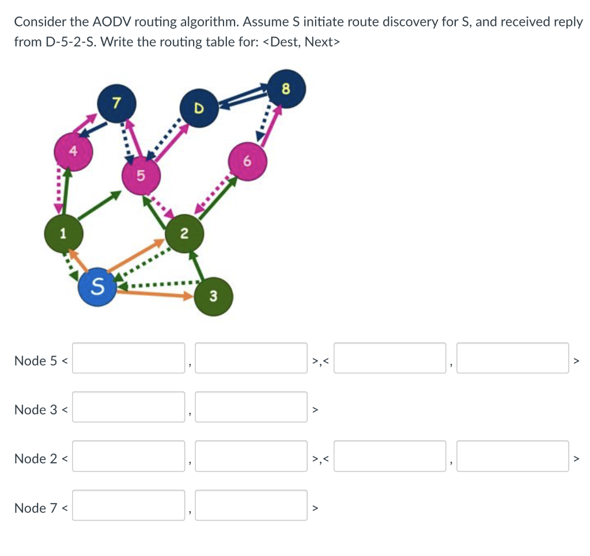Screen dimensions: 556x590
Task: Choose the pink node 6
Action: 247,162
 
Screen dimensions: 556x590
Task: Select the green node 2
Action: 184,233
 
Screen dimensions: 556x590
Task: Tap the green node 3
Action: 213,297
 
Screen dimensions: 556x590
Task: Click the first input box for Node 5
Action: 128,358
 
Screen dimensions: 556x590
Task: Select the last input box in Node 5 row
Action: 513,358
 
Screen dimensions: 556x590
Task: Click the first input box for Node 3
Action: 128,407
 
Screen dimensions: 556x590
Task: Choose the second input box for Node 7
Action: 251,505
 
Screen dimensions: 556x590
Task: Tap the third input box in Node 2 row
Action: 389,456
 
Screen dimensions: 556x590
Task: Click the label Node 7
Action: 36,508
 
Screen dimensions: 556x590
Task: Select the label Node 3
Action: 36,410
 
